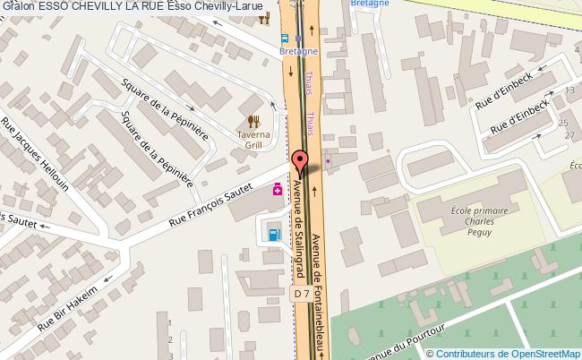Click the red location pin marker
[301, 162]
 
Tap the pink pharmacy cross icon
[278, 189]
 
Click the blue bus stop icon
[284, 39]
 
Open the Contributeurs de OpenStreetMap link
[509, 354]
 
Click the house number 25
[563, 123]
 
